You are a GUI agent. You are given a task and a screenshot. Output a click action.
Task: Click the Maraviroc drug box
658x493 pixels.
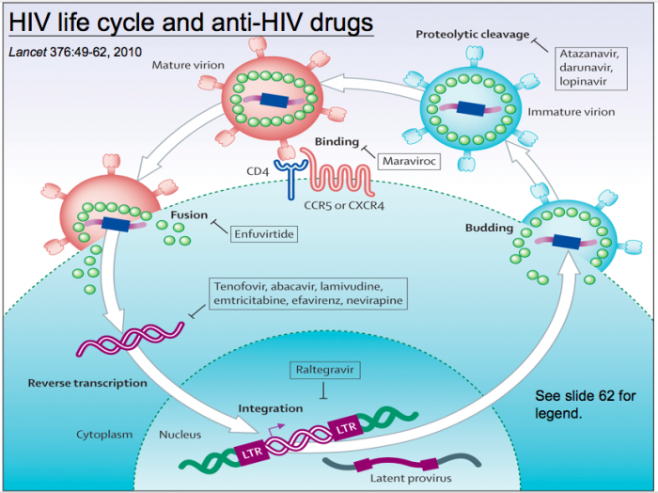click(410, 161)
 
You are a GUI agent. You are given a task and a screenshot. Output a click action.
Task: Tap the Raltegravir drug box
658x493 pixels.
click(323, 372)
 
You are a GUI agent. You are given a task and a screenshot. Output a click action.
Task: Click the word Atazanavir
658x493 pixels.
click(590, 53)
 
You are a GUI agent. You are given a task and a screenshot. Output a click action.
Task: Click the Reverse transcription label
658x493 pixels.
click(87, 383)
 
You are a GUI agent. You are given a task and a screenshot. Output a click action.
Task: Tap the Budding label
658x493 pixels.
click(489, 228)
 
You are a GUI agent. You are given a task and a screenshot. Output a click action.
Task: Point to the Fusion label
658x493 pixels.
click(189, 215)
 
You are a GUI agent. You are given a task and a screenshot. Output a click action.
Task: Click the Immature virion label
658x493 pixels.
click(582, 112)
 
